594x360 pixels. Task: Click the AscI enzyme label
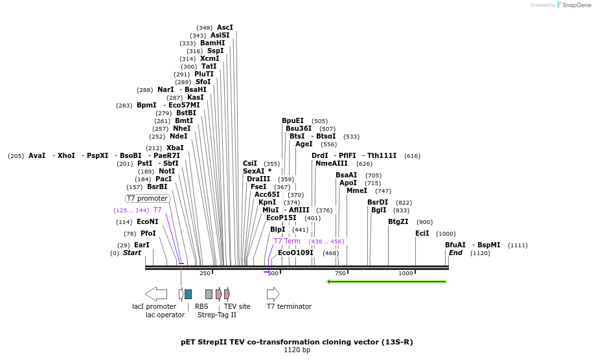(224, 28)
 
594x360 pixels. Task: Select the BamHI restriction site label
(212, 43)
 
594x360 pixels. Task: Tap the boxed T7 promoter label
(147, 199)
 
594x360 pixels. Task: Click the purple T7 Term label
(287, 241)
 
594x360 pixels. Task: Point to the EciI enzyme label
(422, 234)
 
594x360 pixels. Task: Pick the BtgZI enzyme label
(398, 222)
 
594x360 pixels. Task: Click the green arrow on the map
(387, 282)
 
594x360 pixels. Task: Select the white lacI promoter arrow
(156, 294)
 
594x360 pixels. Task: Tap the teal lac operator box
(188, 294)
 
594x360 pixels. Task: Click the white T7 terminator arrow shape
(273, 294)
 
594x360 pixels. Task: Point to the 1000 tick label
(406, 273)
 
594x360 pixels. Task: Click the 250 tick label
(205, 273)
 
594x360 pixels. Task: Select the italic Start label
(131, 253)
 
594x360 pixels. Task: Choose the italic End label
(455, 253)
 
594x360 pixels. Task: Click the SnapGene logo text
(576, 5)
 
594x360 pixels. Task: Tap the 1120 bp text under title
(297, 350)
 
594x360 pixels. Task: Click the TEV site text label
(237, 307)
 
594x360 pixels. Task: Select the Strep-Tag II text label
(217, 315)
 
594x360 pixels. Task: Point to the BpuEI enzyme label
(292, 121)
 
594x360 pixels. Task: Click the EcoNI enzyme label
(147, 222)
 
